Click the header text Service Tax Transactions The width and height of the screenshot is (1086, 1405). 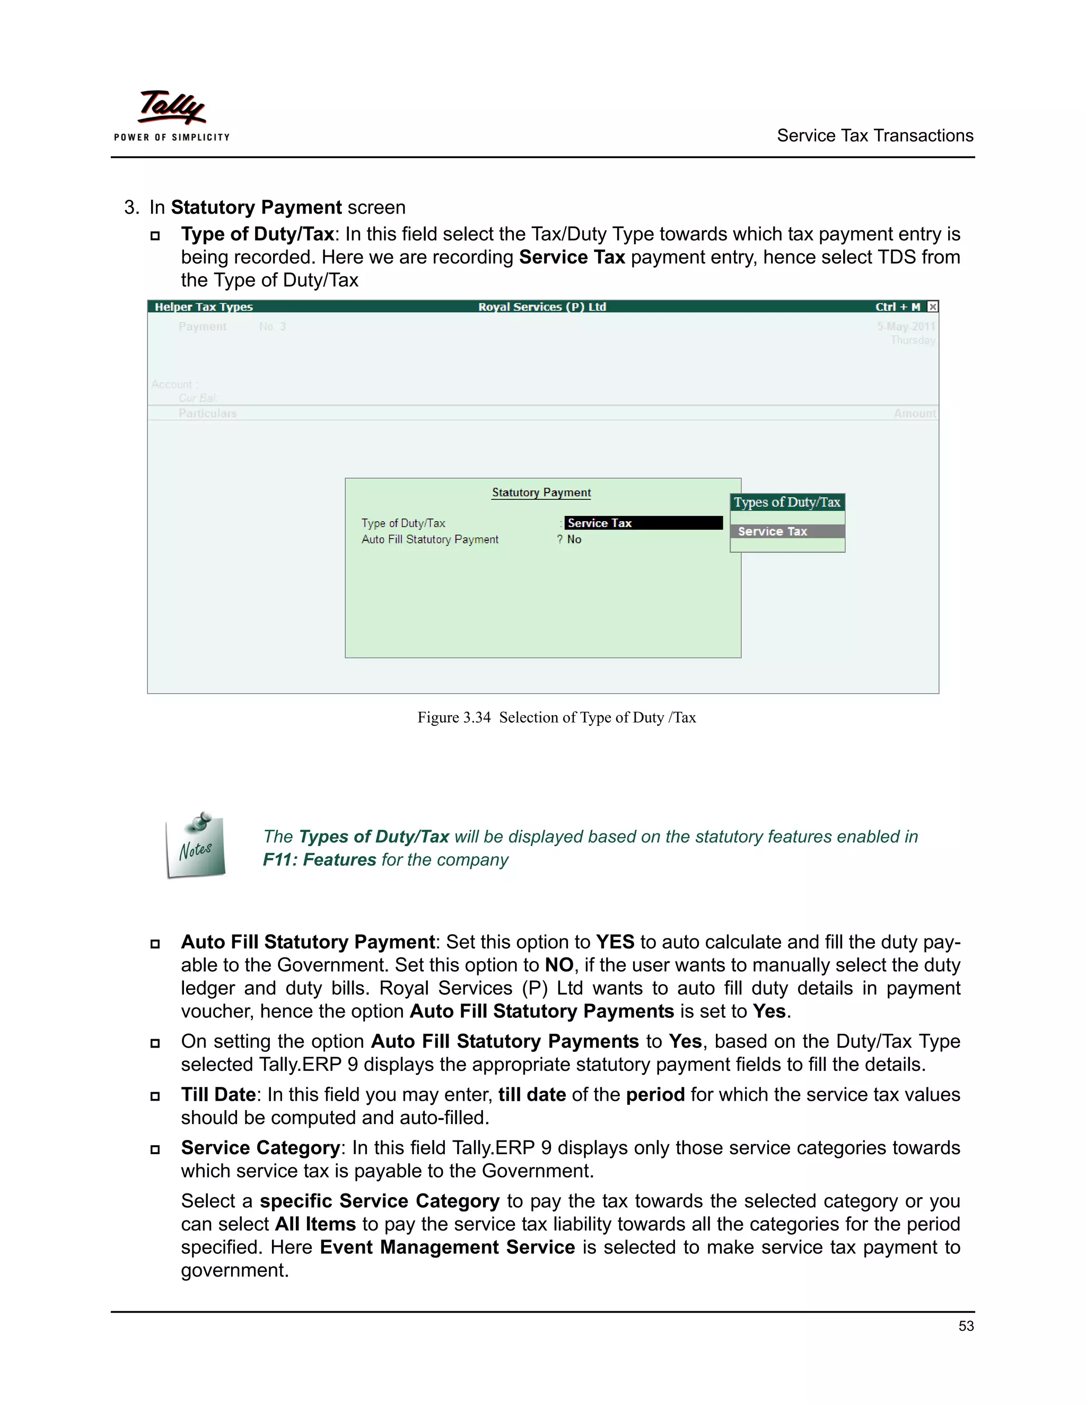pos(874,136)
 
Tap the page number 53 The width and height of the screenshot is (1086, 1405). pos(966,1326)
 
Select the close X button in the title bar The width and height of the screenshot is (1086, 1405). pos(932,307)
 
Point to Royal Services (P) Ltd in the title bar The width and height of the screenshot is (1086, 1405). pos(542,307)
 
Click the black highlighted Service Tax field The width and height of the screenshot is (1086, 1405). pos(643,523)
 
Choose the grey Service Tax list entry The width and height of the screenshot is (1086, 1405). pos(787,531)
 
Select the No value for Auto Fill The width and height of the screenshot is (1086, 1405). pos(574,540)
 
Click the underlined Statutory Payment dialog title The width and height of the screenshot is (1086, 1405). pos(541,493)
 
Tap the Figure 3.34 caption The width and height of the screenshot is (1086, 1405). pos(556,717)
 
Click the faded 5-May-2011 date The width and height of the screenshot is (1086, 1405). pos(906,326)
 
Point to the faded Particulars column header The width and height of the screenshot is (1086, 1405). pos(207,413)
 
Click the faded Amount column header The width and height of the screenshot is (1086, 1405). pos(914,414)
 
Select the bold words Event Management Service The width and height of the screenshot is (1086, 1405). pos(447,1247)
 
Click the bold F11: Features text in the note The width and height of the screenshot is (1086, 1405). pos(319,859)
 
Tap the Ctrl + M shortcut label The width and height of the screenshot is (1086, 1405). pos(898,307)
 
